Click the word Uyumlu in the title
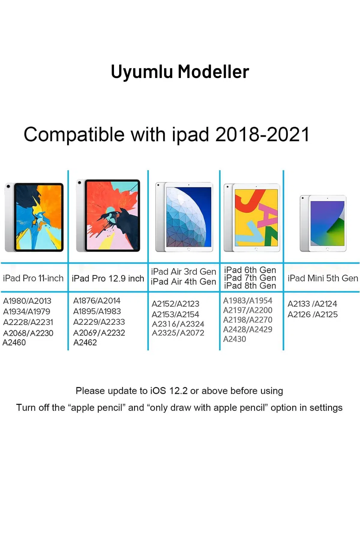(x=142, y=72)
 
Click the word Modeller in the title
(x=213, y=72)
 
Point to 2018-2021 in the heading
(x=262, y=134)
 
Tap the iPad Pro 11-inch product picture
(x=34, y=217)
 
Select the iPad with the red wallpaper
(x=108, y=216)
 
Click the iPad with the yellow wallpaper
(x=252, y=218)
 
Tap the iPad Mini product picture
(x=323, y=223)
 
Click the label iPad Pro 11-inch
(x=33, y=278)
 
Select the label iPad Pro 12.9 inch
(x=108, y=278)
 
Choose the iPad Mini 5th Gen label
(x=323, y=278)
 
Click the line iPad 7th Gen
(x=250, y=278)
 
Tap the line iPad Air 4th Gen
(x=183, y=282)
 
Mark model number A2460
(x=14, y=343)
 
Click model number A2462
(x=85, y=343)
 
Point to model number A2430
(x=235, y=339)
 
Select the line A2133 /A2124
(x=312, y=304)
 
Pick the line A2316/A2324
(x=178, y=324)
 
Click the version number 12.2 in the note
(x=178, y=391)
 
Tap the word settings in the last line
(x=326, y=408)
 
